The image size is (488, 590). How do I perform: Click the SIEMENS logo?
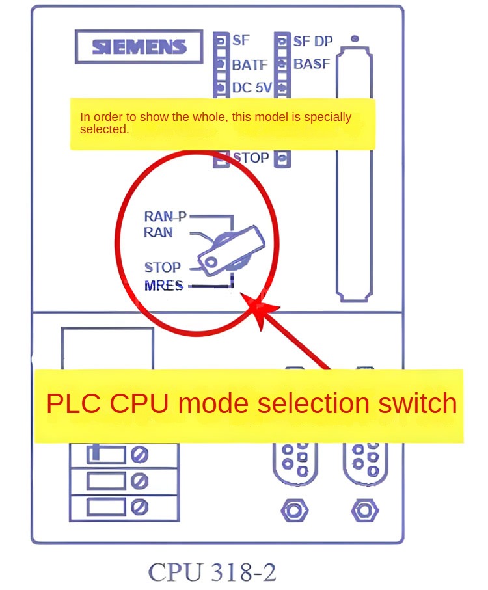pyautogui.click(x=139, y=47)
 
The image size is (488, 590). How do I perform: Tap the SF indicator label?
pyautogui.click(x=241, y=40)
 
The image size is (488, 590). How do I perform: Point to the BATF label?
pyautogui.click(x=251, y=64)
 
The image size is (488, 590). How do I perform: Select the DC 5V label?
pyautogui.click(x=252, y=87)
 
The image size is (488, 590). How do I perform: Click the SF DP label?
pyautogui.click(x=312, y=41)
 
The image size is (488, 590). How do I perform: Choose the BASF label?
pyautogui.click(x=312, y=64)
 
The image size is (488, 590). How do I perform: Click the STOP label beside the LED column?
pyautogui.click(x=251, y=157)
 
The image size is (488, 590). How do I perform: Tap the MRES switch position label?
pyautogui.click(x=164, y=286)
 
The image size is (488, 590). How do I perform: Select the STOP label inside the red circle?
pyautogui.click(x=162, y=267)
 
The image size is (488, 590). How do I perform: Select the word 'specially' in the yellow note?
pyautogui.click(x=328, y=118)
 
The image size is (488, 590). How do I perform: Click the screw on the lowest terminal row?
pyautogui.click(x=139, y=507)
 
